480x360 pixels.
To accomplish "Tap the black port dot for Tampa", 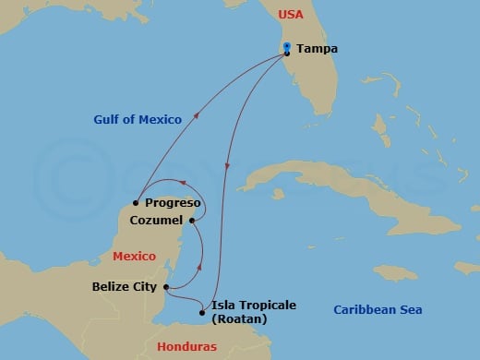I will [x=288, y=54].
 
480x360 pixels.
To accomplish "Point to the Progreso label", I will [x=174, y=201].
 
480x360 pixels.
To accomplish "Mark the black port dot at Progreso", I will [x=136, y=202].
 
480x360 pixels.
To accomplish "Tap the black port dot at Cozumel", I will [x=192, y=221].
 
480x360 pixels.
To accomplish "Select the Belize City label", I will [x=125, y=287].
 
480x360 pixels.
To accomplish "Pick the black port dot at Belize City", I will [x=164, y=287].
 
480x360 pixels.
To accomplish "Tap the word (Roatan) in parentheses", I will [x=238, y=319].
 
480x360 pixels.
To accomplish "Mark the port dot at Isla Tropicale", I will [x=203, y=312].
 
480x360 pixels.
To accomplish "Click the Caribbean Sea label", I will [x=377, y=310].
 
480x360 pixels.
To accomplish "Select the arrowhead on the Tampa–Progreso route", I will [x=197, y=118].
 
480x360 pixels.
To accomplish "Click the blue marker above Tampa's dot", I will [x=288, y=46].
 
